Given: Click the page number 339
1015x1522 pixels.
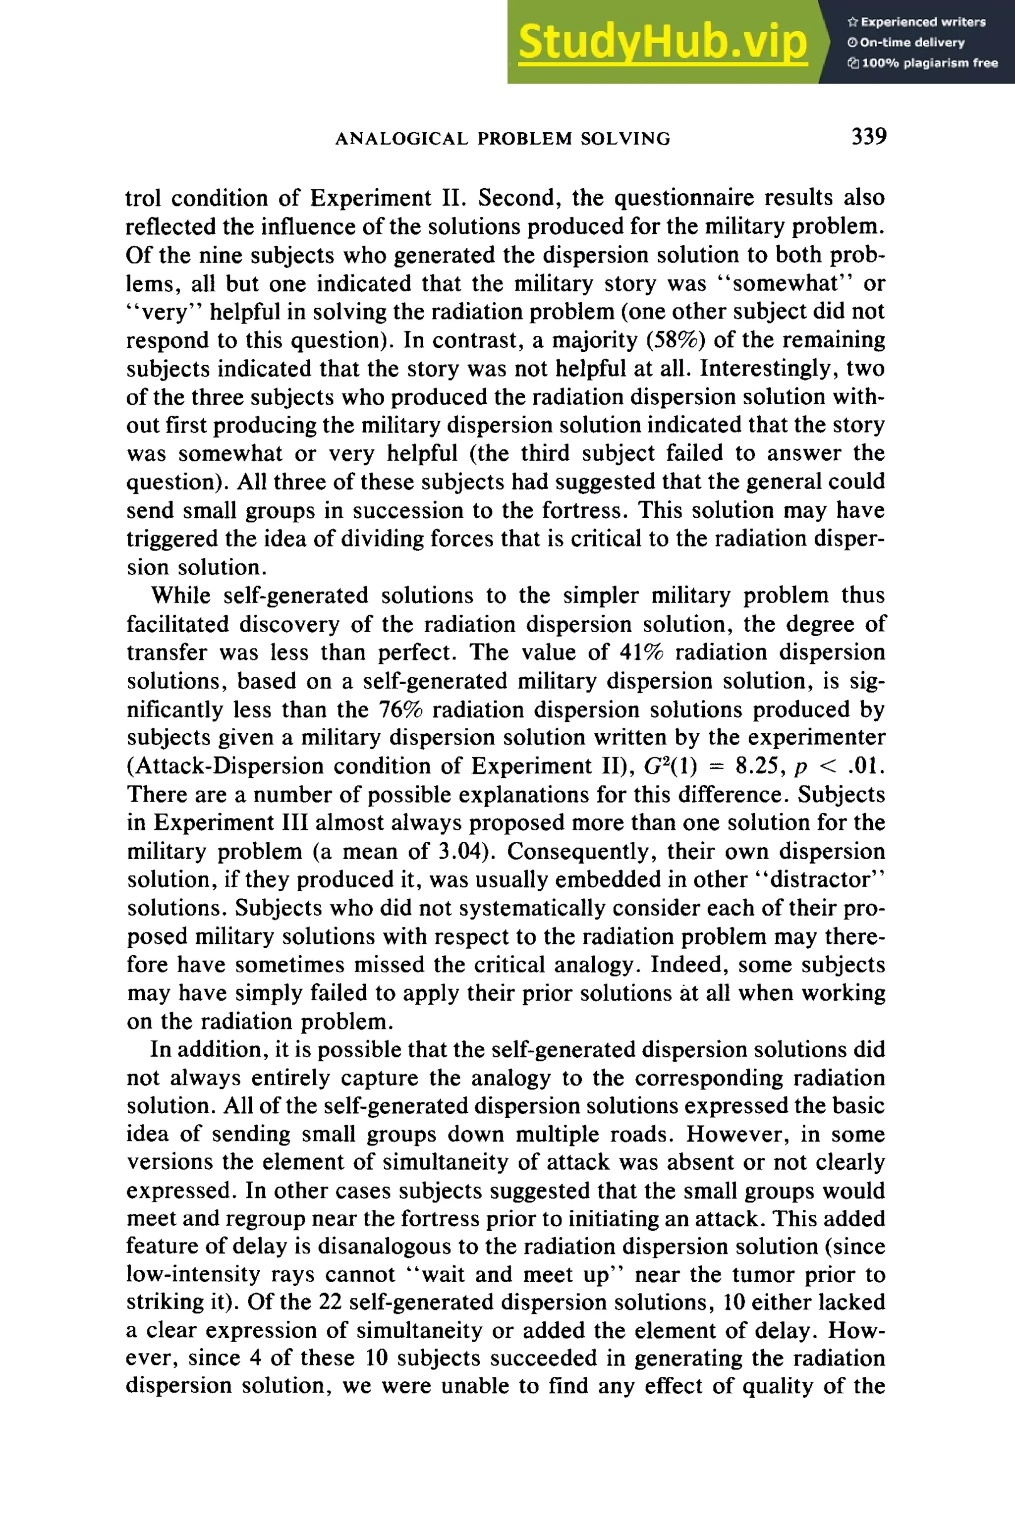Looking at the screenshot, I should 868,137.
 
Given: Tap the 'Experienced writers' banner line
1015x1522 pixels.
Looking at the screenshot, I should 916,22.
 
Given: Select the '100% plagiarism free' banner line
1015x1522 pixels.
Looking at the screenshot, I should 922,63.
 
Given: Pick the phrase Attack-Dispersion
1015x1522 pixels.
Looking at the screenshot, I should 233,766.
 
